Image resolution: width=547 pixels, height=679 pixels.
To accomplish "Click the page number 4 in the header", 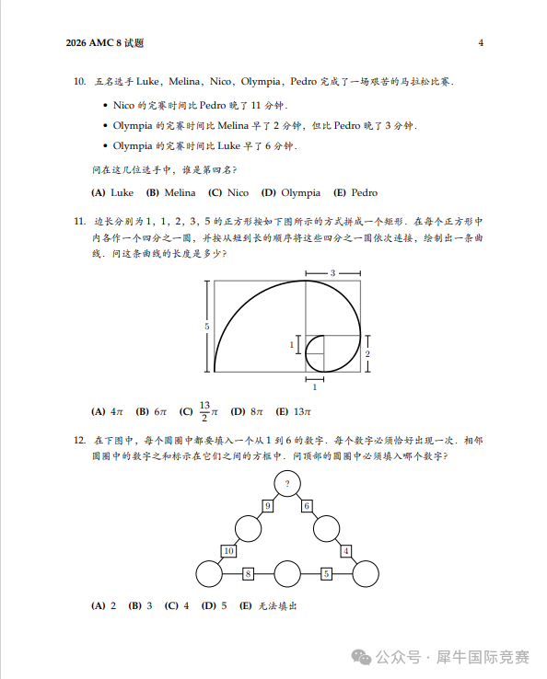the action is click(x=481, y=43).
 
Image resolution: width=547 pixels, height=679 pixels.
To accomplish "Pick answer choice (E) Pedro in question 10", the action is click(x=355, y=192).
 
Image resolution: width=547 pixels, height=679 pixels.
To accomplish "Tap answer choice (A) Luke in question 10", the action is click(x=113, y=192).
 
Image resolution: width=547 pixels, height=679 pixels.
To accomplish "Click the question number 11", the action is click(x=79, y=222).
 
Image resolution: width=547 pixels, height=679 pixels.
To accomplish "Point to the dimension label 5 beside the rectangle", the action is click(x=207, y=327).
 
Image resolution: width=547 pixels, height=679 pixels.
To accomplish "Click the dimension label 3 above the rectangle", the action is click(x=332, y=273).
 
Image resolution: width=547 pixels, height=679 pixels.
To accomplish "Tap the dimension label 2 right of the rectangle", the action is click(x=367, y=354).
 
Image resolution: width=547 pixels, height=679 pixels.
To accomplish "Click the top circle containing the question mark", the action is click(x=287, y=483).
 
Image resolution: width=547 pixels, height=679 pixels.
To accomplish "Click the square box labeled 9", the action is click(x=268, y=506).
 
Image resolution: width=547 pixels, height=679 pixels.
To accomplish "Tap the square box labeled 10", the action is click(x=229, y=551).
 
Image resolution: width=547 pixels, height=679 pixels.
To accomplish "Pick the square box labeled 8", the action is click(x=248, y=574).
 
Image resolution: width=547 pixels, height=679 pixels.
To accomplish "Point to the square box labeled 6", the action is click(x=307, y=506).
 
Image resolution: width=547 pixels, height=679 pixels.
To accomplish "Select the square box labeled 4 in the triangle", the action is click(x=346, y=551).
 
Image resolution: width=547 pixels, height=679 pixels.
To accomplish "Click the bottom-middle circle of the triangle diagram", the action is click(x=287, y=574).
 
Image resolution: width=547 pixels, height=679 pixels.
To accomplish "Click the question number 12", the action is click(x=79, y=441).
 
